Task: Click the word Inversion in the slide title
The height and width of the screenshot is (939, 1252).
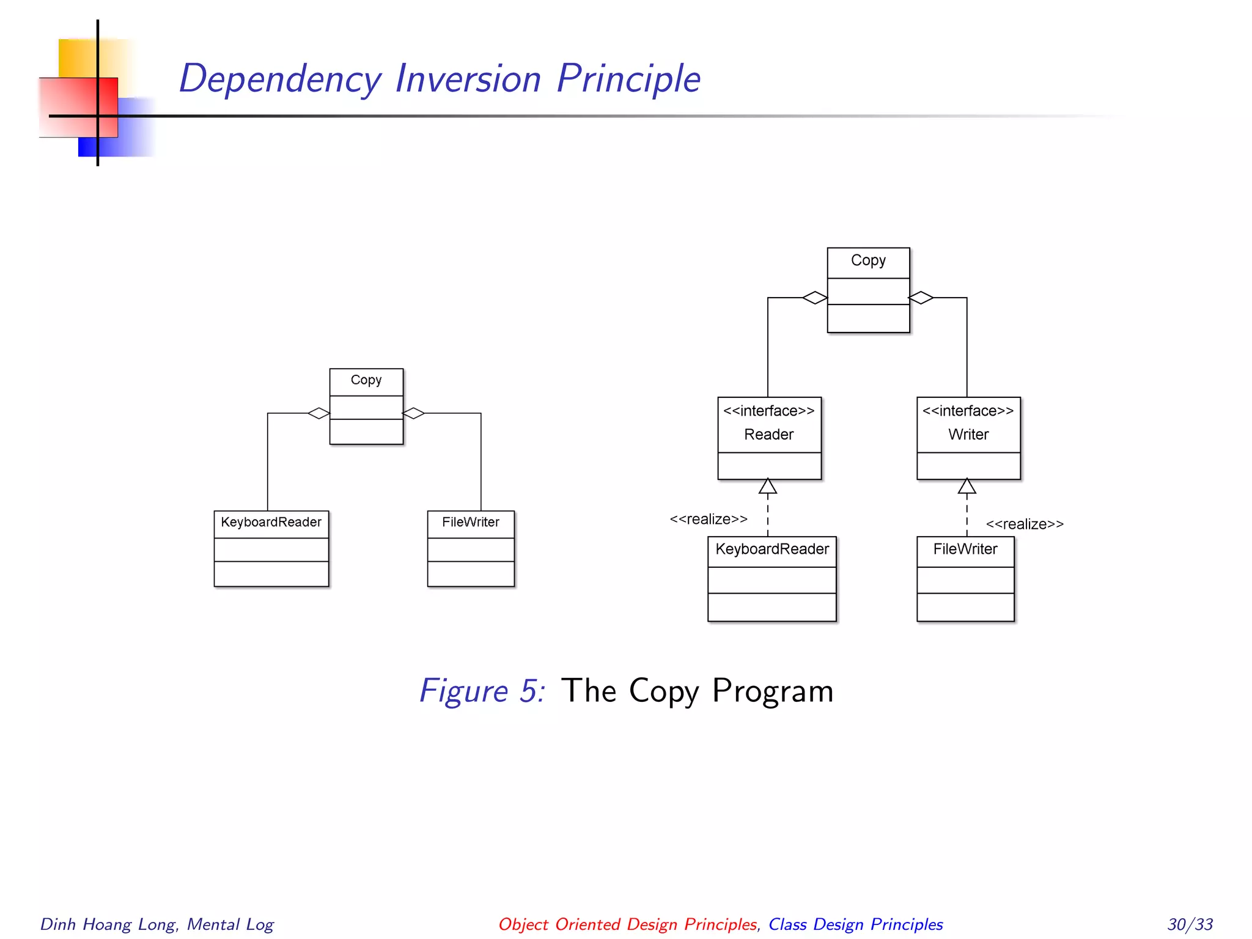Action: point(468,79)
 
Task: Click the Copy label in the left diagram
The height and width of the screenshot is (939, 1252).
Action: point(366,380)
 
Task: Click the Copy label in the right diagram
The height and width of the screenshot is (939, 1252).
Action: point(867,260)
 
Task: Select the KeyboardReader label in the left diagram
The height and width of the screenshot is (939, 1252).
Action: point(271,522)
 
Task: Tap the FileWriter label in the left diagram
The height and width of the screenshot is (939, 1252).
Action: point(470,522)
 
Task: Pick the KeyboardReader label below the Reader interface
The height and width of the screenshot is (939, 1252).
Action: point(771,549)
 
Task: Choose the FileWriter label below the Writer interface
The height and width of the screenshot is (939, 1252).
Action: point(965,549)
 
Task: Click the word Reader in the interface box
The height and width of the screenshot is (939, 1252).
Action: point(768,435)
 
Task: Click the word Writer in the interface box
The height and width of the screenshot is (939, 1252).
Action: point(968,435)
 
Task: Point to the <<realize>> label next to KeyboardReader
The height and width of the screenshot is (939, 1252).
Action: point(708,520)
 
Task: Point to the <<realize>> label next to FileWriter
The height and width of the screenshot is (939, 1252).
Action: point(1024,525)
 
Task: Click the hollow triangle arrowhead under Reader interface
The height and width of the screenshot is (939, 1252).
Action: point(767,487)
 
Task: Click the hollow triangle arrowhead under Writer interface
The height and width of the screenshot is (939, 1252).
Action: point(967,487)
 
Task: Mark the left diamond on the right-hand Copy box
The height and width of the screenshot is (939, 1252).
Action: point(814,298)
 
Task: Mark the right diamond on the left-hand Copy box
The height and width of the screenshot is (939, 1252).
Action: point(414,413)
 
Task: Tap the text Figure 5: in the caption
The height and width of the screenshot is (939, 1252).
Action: point(482,691)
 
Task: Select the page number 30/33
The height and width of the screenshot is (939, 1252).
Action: point(1190,924)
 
